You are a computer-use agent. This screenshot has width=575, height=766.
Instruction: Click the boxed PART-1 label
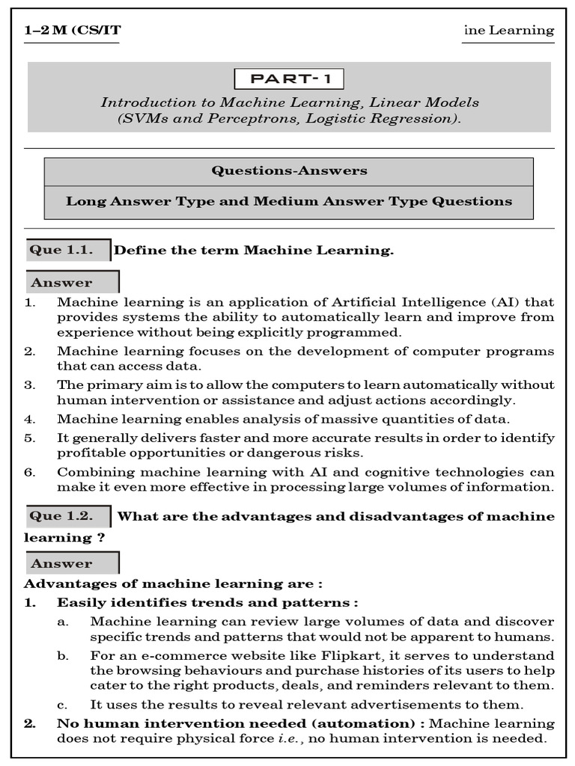(289, 79)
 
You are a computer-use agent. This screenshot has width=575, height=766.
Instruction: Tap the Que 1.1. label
(61, 250)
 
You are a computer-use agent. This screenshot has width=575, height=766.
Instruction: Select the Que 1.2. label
(61, 516)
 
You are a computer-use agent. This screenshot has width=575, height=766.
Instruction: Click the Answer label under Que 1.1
(62, 283)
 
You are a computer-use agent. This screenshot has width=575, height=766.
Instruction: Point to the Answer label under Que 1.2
(62, 564)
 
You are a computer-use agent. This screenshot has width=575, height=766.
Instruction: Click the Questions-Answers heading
(289, 171)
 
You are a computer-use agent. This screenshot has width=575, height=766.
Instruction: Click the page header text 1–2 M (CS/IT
(73, 30)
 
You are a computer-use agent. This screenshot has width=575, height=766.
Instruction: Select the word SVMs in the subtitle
(142, 118)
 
